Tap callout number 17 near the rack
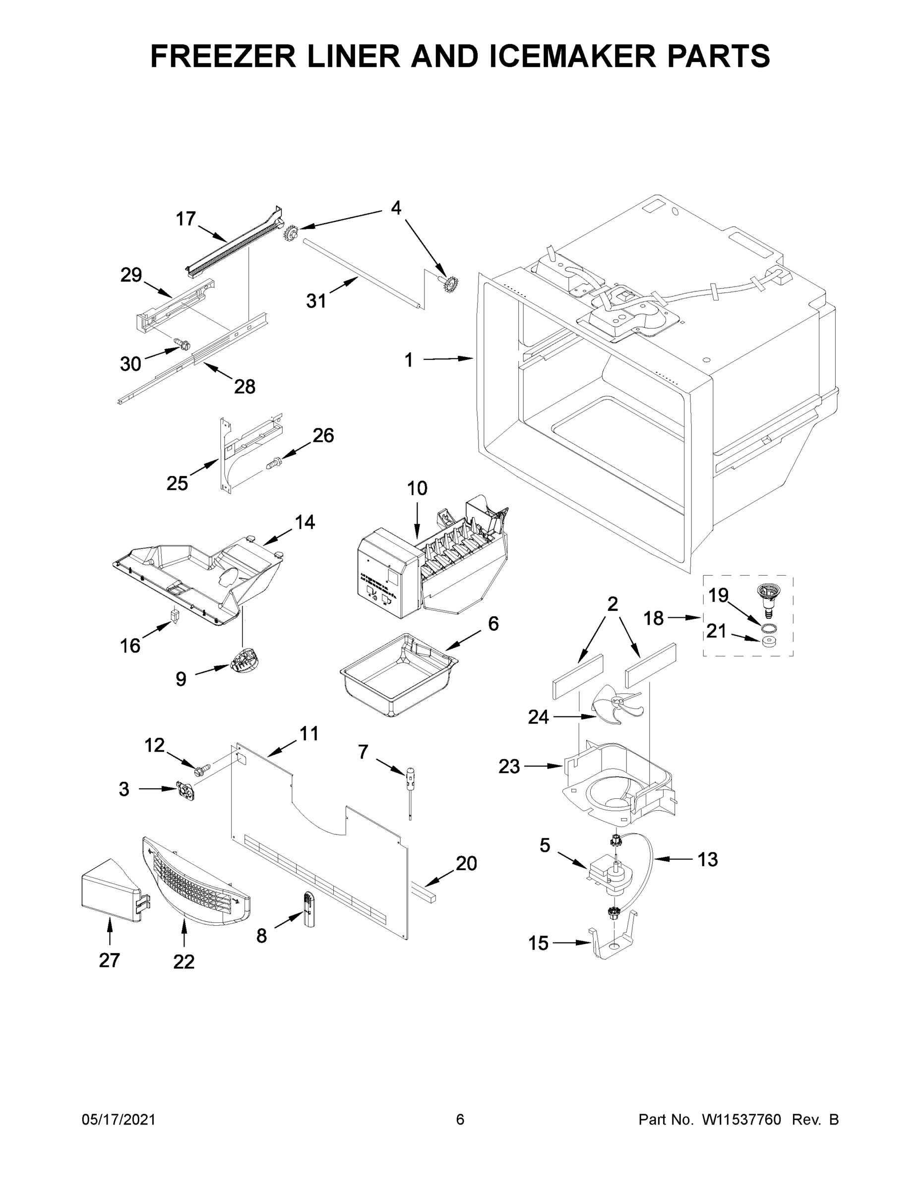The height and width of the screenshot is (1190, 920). (185, 219)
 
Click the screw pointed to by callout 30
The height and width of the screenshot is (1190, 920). (182, 344)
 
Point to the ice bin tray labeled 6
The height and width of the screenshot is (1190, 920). (398, 674)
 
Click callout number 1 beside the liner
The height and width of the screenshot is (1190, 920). (409, 360)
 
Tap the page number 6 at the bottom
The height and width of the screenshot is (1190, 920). (460, 1120)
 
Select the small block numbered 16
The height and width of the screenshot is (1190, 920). (175, 616)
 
